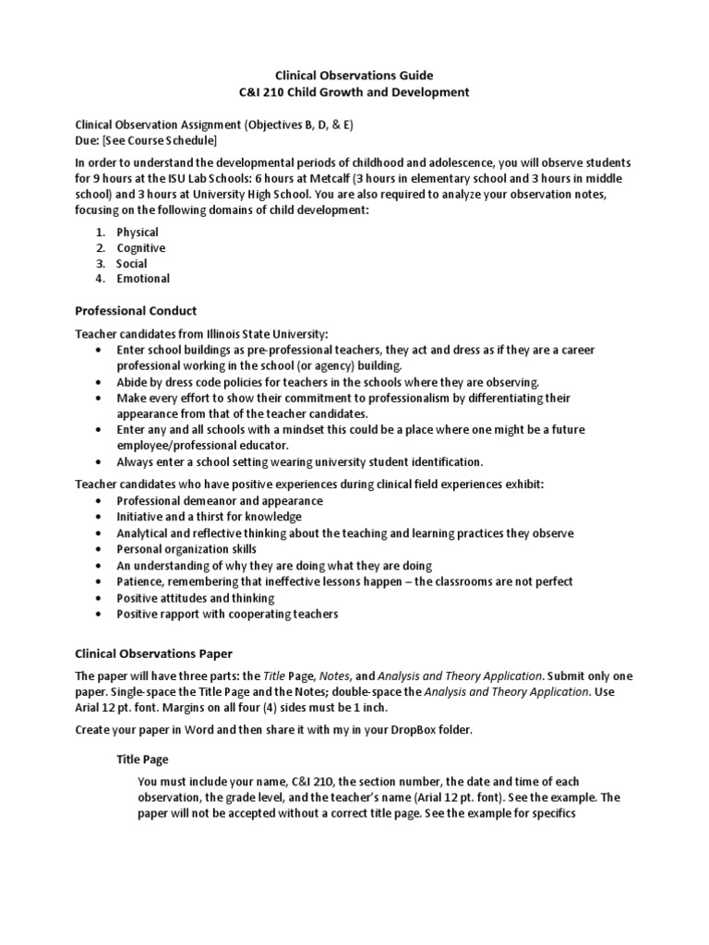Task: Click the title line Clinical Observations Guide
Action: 354,75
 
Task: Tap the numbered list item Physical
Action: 138,233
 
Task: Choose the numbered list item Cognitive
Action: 141,248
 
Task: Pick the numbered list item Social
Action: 132,264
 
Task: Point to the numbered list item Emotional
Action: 143,279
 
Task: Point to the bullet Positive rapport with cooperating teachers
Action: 227,614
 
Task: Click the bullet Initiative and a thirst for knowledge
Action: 209,517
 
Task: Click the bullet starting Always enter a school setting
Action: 300,461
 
